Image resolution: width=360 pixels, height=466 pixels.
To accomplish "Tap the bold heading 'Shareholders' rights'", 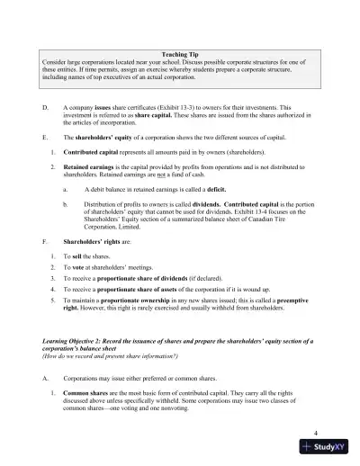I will coord(94,242).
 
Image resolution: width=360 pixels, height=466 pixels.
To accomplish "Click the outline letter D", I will coord(45,105).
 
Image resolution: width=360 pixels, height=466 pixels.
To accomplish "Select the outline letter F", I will coord(45,242).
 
